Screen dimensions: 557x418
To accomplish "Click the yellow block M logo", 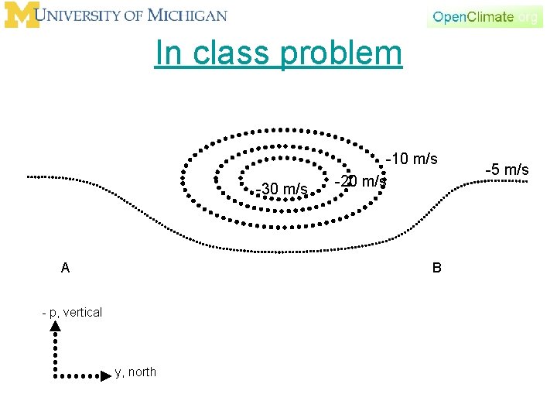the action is [x=21, y=15].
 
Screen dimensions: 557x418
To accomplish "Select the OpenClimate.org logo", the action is [x=484, y=16].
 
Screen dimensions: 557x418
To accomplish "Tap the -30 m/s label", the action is [x=282, y=189].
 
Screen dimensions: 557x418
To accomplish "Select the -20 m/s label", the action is [x=361, y=181].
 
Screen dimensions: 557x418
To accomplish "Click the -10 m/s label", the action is [x=412, y=159].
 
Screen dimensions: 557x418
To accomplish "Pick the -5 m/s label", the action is [x=507, y=169].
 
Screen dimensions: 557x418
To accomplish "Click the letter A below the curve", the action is [x=66, y=268].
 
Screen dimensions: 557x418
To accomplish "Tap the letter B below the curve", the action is [x=437, y=268].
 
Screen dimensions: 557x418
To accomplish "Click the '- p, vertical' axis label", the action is [x=72, y=312].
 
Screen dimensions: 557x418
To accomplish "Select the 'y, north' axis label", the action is [x=135, y=372].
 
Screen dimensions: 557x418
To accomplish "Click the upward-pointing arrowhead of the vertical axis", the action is [x=56, y=327].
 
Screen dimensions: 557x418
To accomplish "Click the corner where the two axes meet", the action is [x=56, y=376].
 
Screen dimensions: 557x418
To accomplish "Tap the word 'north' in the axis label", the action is [x=142, y=372].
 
